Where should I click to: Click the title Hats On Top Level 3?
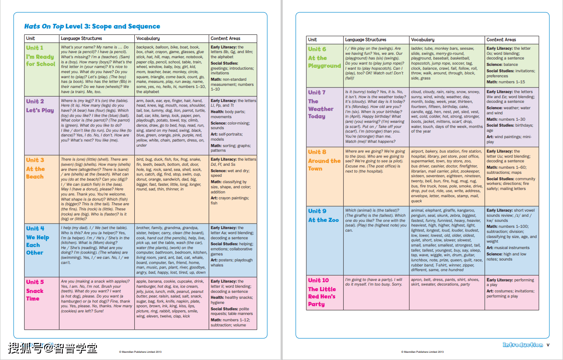pyautogui.click(x=92, y=26)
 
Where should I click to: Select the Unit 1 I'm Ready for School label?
pyautogui.click(x=40, y=56)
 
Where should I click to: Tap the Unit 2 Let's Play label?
pyautogui.click(x=40, y=106)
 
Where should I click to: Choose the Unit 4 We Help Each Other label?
pyautogui.click(x=37, y=241)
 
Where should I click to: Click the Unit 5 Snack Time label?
pyautogui.click(x=35, y=290)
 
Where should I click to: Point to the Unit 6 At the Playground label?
pyautogui.click(x=324, y=58)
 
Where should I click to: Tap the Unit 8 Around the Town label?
pyautogui.click(x=324, y=160)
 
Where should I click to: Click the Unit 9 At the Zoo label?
pyautogui.click(x=323, y=215)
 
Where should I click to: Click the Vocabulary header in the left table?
pyautogui.click(x=148, y=38)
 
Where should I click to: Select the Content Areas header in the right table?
pyautogui.click(x=501, y=40)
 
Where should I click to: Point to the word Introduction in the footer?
pyautogui.click(x=523, y=345)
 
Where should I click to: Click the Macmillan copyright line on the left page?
pyautogui.click(x=140, y=352)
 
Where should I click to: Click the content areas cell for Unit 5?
pyautogui.click(x=233, y=303)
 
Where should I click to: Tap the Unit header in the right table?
pyautogui.click(x=312, y=40)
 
